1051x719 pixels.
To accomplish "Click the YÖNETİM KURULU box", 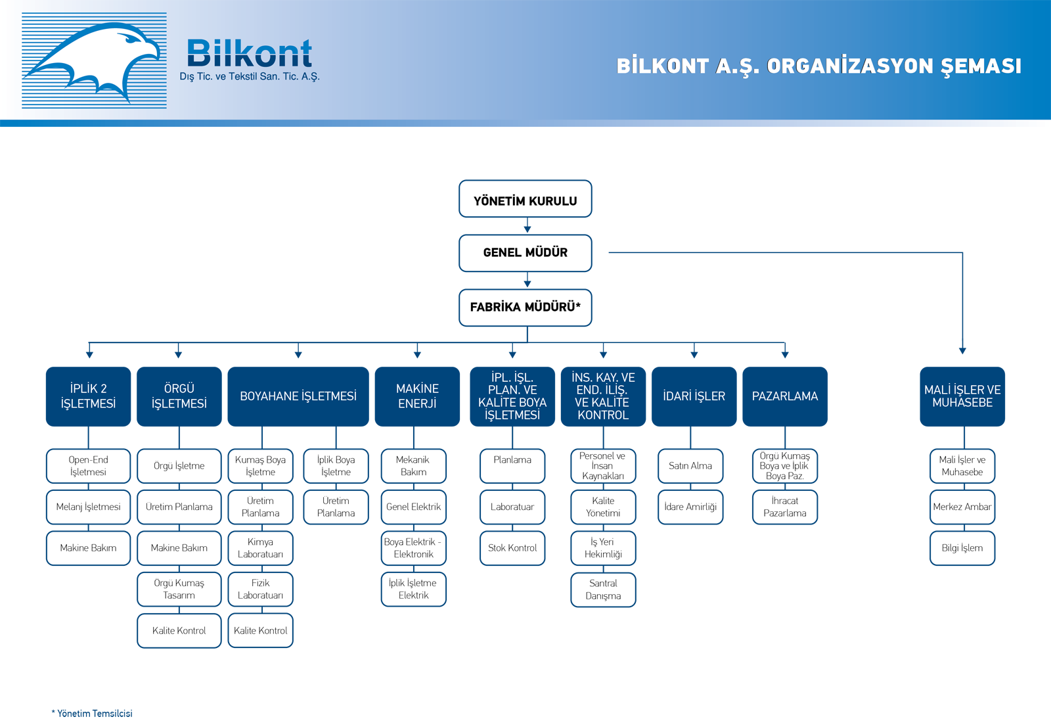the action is [525, 198].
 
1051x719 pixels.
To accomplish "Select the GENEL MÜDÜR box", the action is [525, 253].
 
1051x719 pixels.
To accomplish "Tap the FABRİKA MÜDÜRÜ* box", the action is [525, 308].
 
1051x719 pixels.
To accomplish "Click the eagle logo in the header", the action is [94, 60].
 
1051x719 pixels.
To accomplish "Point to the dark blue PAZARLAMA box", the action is [785, 396].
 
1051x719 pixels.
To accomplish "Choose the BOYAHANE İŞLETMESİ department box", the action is [298, 396].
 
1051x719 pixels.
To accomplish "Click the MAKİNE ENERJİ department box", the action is [417, 396].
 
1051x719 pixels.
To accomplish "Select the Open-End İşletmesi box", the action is [88, 466].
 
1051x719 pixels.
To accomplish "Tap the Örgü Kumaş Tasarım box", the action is [179, 589].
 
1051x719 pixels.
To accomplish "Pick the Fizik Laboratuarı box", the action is [260, 589].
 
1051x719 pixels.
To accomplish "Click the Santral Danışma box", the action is [604, 590].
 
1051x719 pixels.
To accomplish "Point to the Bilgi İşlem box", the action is [962, 548].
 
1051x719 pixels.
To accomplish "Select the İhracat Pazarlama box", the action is [785, 507].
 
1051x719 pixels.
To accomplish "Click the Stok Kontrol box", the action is [512, 548].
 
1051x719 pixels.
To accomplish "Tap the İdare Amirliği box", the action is [690, 507].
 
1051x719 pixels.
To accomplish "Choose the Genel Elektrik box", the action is [413, 507].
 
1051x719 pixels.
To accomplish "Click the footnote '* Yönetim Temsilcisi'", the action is [92, 713].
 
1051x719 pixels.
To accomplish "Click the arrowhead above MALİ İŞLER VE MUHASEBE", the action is [962, 350].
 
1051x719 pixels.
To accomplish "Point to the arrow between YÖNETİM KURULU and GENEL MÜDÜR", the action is [527, 225].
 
